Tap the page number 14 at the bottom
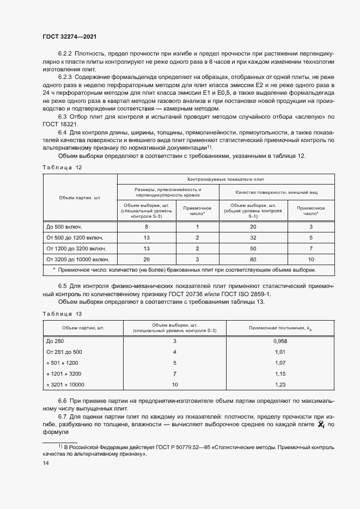(x=46, y=463)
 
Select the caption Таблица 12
(x=62, y=167)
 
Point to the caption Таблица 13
(x=62, y=314)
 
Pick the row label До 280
(x=56, y=340)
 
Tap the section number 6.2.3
(x=65, y=77)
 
